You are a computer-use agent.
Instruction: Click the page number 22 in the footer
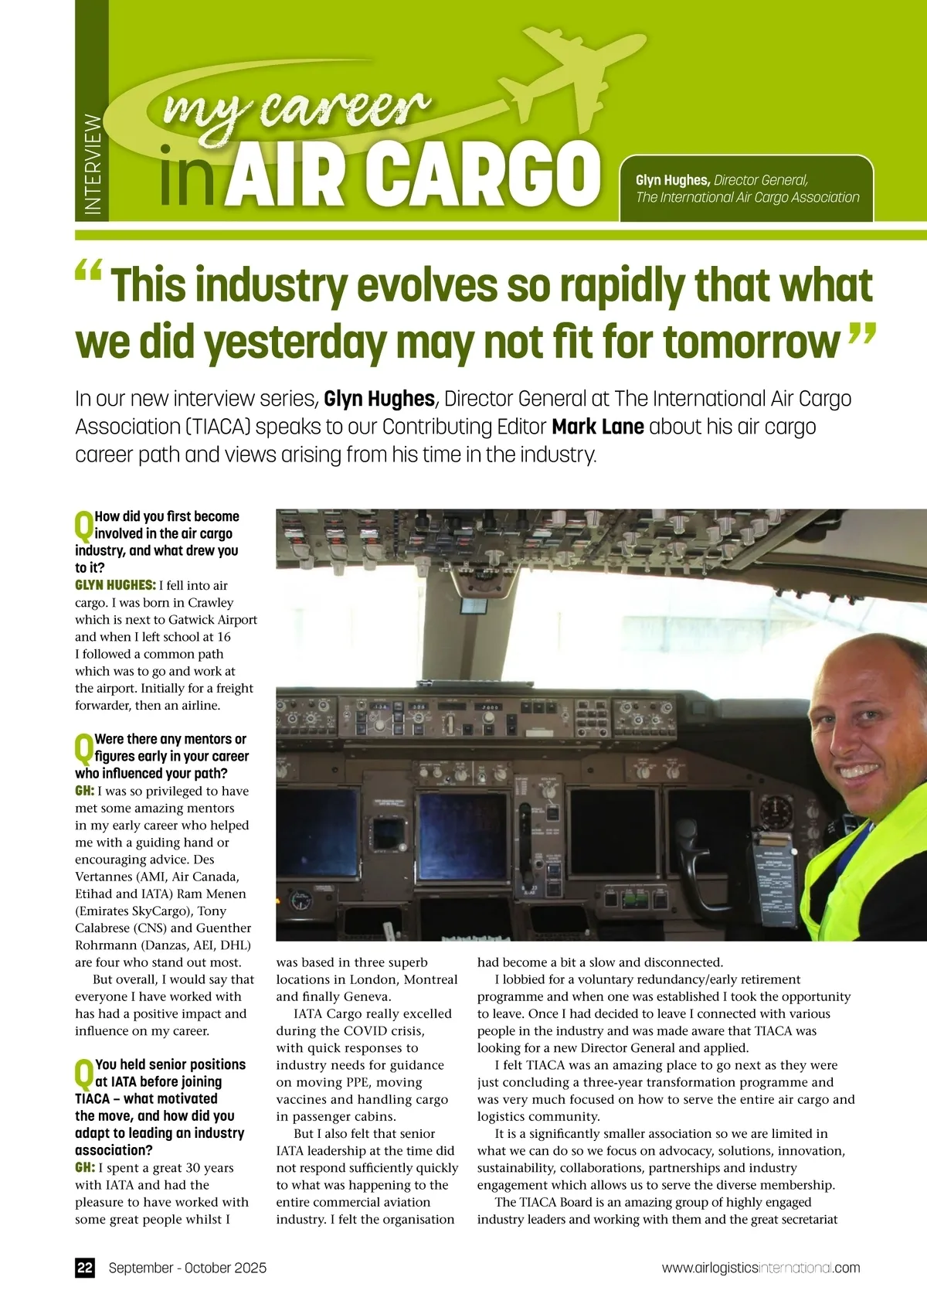(x=85, y=1268)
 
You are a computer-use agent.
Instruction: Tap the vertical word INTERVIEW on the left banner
(x=93, y=165)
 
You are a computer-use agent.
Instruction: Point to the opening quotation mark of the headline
(x=89, y=272)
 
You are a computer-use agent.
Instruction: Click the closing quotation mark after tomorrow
(x=862, y=334)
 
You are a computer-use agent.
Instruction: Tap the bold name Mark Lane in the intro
(x=598, y=427)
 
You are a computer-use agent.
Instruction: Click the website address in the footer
(x=760, y=1268)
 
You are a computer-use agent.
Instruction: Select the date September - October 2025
(x=188, y=1268)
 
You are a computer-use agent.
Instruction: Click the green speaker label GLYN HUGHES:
(x=115, y=585)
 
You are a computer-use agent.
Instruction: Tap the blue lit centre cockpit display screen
(x=462, y=826)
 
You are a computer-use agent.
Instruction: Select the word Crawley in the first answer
(x=211, y=603)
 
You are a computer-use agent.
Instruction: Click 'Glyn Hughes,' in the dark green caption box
(x=672, y=180)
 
